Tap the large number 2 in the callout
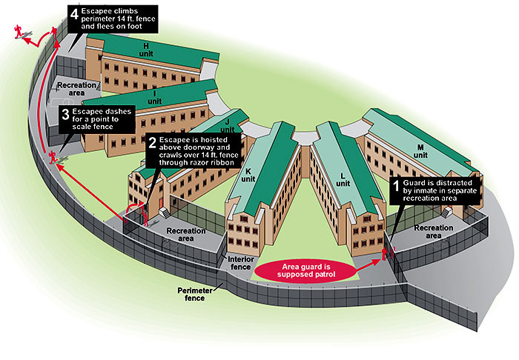click(153, 142)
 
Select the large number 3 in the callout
click(65, 115)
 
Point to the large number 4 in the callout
click(73, 13)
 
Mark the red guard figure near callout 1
click(386, 254)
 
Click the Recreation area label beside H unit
click(76, 88)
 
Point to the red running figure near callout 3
click(53, 156)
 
